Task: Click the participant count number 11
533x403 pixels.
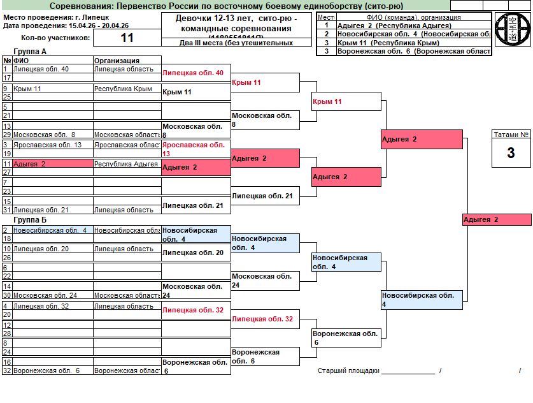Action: pos(127,38)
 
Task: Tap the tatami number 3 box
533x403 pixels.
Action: pos(511,153)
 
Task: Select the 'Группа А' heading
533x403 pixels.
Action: pos(29,52)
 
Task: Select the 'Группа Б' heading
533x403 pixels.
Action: pos(29,220)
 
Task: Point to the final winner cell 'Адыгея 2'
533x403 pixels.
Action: pos(496,219)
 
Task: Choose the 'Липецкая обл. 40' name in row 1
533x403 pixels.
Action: pos(41,69)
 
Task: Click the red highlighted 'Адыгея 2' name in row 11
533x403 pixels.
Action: pos(29,164)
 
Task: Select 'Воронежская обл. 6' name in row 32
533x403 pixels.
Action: pos(46,370)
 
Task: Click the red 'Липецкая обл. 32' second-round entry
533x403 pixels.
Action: pos(262,319)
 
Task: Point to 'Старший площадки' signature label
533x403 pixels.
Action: pos(348,370)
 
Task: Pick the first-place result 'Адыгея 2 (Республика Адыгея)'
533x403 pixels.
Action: pos(394,26)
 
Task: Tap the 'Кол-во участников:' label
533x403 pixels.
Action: pos(51,38)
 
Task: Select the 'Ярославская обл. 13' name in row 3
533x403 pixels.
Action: pos(47,145)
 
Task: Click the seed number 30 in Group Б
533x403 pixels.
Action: pos(6,295)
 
